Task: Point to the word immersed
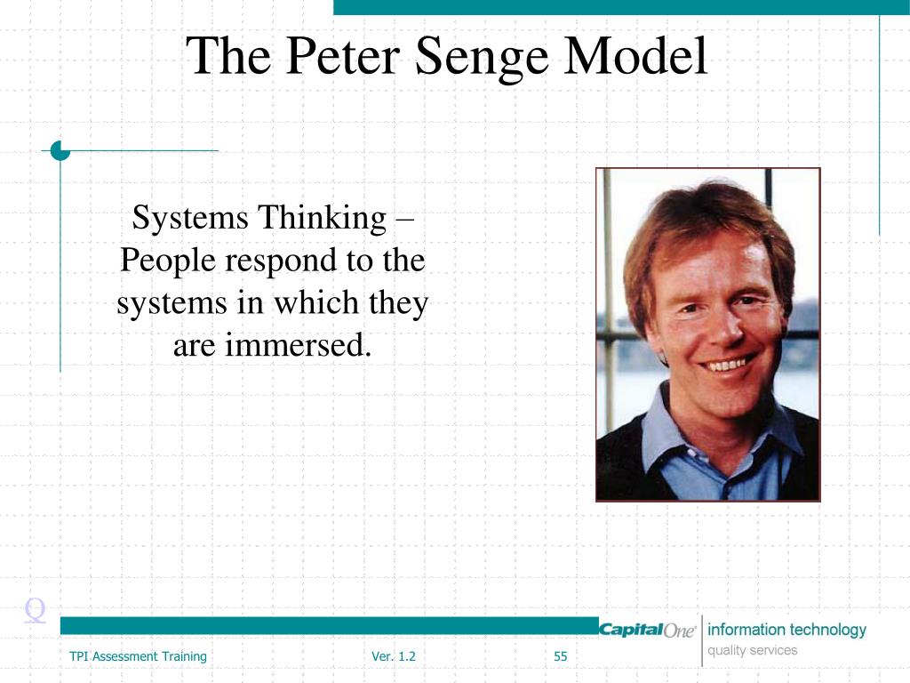click(297, 345)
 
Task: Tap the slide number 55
click(560, 657)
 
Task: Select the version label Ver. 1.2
click(394, 657)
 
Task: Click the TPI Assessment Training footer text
click(138, 657)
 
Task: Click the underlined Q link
click(36, 610)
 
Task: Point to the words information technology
click(786, 630)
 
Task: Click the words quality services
click(752, 650)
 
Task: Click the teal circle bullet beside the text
click(60, 150)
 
